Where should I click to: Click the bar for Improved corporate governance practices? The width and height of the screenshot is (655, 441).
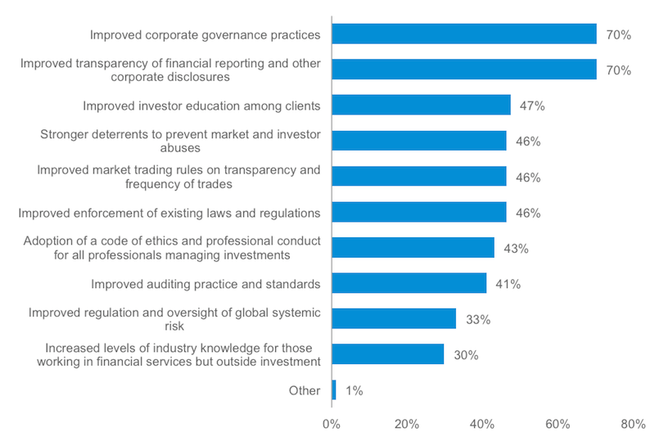[463, 34]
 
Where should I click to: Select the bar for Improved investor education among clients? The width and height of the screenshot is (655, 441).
[421, 106]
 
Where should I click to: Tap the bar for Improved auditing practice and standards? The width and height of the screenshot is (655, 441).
[409, 284]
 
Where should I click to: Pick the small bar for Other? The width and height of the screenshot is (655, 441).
[333, 390]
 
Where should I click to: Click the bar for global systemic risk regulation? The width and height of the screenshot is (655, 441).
[393, 319]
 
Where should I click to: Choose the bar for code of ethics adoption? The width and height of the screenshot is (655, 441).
[413, 248]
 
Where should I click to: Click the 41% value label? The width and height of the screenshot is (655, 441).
[508, 284]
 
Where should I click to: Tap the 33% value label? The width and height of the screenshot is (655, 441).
[477, 320]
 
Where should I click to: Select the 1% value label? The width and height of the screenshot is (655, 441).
[353, 391]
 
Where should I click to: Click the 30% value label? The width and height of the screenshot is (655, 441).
[466, 355]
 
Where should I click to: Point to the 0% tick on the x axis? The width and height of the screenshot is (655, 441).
[331, 425]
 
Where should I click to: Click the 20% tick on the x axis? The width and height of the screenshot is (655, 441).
[406, 425]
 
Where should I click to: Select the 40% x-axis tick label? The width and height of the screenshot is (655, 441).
[481, 425]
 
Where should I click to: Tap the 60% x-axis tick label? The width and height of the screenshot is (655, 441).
[558, 425]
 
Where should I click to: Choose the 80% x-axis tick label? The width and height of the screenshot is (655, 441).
[633, 425]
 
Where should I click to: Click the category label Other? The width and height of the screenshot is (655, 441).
[305, 391]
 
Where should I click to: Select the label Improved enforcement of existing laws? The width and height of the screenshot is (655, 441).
[169, 213]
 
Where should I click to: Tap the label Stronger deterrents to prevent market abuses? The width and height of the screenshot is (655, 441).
[180, 142]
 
